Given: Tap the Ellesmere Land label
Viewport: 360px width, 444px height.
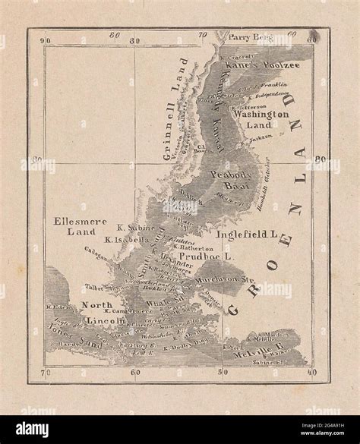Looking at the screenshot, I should click(x=74, y=225).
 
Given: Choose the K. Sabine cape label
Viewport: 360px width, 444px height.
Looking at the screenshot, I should click(x=133, y=227).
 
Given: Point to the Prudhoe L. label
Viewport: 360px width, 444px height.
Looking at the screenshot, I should click(x=210, y=257).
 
